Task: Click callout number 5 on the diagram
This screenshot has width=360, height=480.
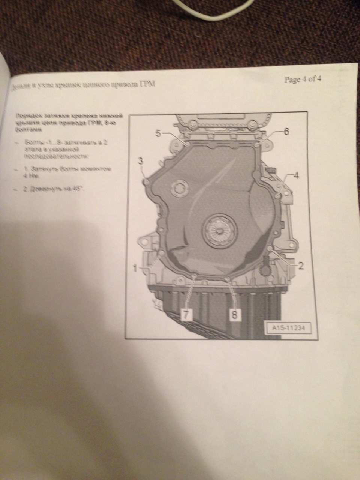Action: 158,133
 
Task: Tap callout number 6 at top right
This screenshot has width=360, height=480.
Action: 286,131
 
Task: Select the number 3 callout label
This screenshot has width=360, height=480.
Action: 141,161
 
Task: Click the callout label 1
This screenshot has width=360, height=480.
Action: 135,267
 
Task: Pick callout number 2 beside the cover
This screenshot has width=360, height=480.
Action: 300,265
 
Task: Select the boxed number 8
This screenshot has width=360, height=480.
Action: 234,315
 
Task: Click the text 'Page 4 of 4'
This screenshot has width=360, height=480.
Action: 303,80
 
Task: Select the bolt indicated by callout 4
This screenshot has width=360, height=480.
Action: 277,195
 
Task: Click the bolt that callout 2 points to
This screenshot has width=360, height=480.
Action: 271,248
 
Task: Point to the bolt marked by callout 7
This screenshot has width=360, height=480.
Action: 194,276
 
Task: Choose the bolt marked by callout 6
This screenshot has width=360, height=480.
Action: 257,144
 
